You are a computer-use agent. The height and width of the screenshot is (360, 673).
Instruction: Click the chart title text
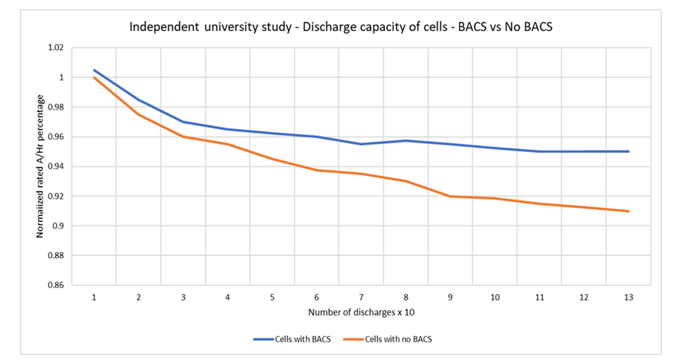(340, 27)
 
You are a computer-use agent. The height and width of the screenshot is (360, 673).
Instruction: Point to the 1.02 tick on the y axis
(56, 48)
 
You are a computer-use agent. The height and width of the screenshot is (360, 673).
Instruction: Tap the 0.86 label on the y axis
(56, 285)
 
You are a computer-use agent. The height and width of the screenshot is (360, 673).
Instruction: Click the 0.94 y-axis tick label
(56, 167)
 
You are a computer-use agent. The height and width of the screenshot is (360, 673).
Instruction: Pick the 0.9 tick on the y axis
(59, 226)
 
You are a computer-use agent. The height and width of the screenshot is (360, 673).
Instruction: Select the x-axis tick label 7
(361, 298)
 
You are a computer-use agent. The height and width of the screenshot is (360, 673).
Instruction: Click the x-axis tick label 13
(628, 298)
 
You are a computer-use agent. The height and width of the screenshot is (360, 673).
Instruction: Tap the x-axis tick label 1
(94, 298)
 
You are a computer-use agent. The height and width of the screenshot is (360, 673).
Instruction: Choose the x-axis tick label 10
(495, 298)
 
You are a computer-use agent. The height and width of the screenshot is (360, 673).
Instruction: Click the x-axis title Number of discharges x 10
(361, 313)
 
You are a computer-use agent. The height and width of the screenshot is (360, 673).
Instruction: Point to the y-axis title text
(40, 166)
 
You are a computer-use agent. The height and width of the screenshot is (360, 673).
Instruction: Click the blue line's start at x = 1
(94, 70)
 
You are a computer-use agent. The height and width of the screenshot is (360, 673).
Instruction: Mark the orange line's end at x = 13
(628, 211)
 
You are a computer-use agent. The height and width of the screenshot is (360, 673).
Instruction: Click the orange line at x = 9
(451, 196)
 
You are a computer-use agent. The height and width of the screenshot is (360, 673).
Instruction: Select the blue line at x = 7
(361, 144)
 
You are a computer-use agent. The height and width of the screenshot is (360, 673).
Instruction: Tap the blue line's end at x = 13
(628, 151)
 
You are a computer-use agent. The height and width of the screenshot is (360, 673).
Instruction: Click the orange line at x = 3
(183, 136)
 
